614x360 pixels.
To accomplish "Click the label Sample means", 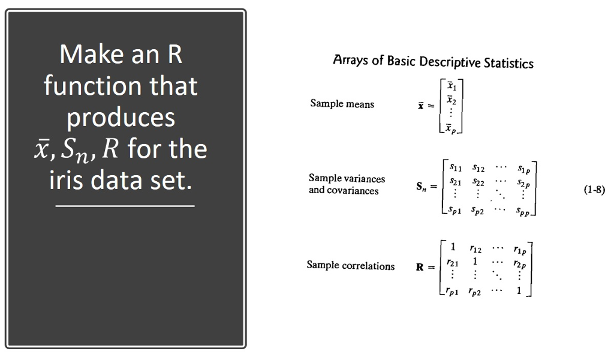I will tap(342, 104).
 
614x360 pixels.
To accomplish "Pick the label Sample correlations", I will tap(351, 265).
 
